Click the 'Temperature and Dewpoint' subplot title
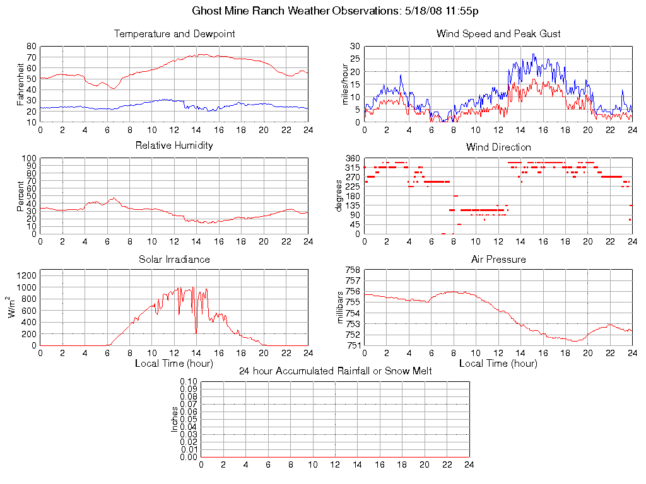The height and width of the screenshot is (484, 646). [174, 34]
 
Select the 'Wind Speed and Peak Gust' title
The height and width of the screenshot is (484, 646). [498, 34]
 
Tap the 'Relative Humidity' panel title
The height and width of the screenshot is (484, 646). [174, 146]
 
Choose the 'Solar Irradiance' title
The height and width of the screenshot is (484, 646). [174, 260]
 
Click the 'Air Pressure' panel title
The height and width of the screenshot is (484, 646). [498, 260]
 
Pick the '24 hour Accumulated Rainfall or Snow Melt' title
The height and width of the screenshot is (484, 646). [335, 371]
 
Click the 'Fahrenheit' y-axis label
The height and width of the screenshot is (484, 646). [20, 84]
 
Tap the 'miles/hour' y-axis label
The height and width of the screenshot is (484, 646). [344, 84]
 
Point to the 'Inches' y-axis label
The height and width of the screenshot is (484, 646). [175, 419]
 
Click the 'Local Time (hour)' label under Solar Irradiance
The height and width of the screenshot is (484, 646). [174, 364]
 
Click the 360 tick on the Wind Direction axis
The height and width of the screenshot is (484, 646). [352, 158]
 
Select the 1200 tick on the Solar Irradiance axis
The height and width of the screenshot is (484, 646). [28, 275]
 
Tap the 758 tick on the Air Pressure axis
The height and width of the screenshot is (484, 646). [352, 270]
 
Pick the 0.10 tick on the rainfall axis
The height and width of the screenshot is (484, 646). [189, 382]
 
